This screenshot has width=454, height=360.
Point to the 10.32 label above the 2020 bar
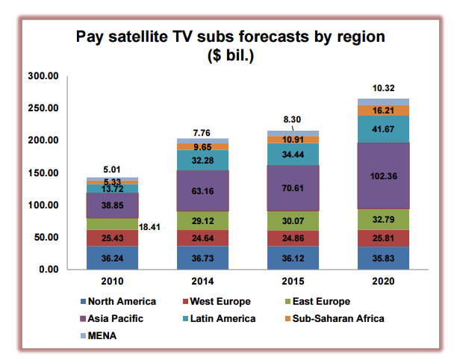click(x=382, y=88)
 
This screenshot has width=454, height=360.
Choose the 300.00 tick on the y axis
click(x=43, y=76)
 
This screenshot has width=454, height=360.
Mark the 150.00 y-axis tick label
click(x=43, y=173)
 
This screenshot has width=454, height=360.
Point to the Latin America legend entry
click(x=220, y=319)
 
